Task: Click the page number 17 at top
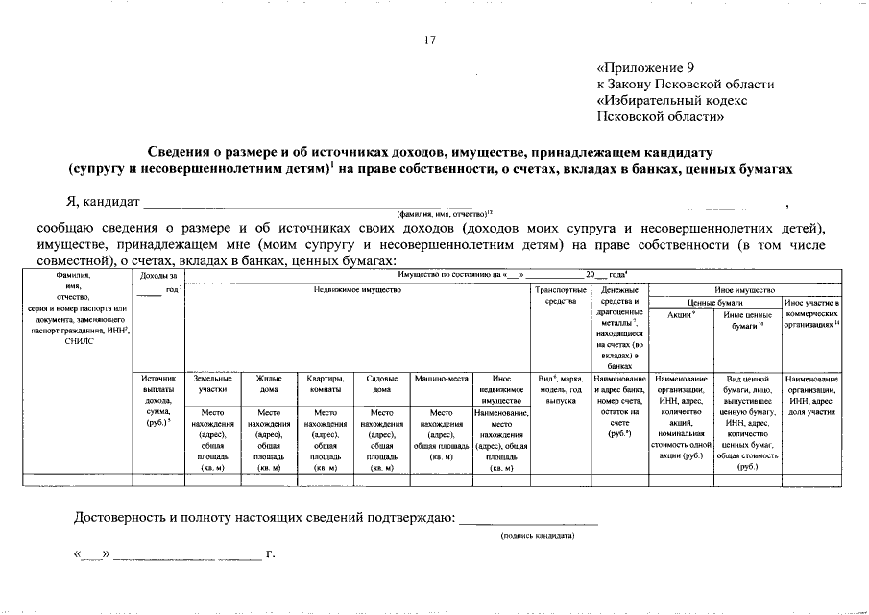[430, 39]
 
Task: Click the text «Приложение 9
[644, 68]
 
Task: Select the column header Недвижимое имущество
[356, 289]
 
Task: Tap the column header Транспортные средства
[560, 295]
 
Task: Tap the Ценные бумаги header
[716, 302]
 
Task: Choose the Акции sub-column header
[682, 314]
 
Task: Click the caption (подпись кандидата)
[538, 536]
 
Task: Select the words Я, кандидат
[101, 202]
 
